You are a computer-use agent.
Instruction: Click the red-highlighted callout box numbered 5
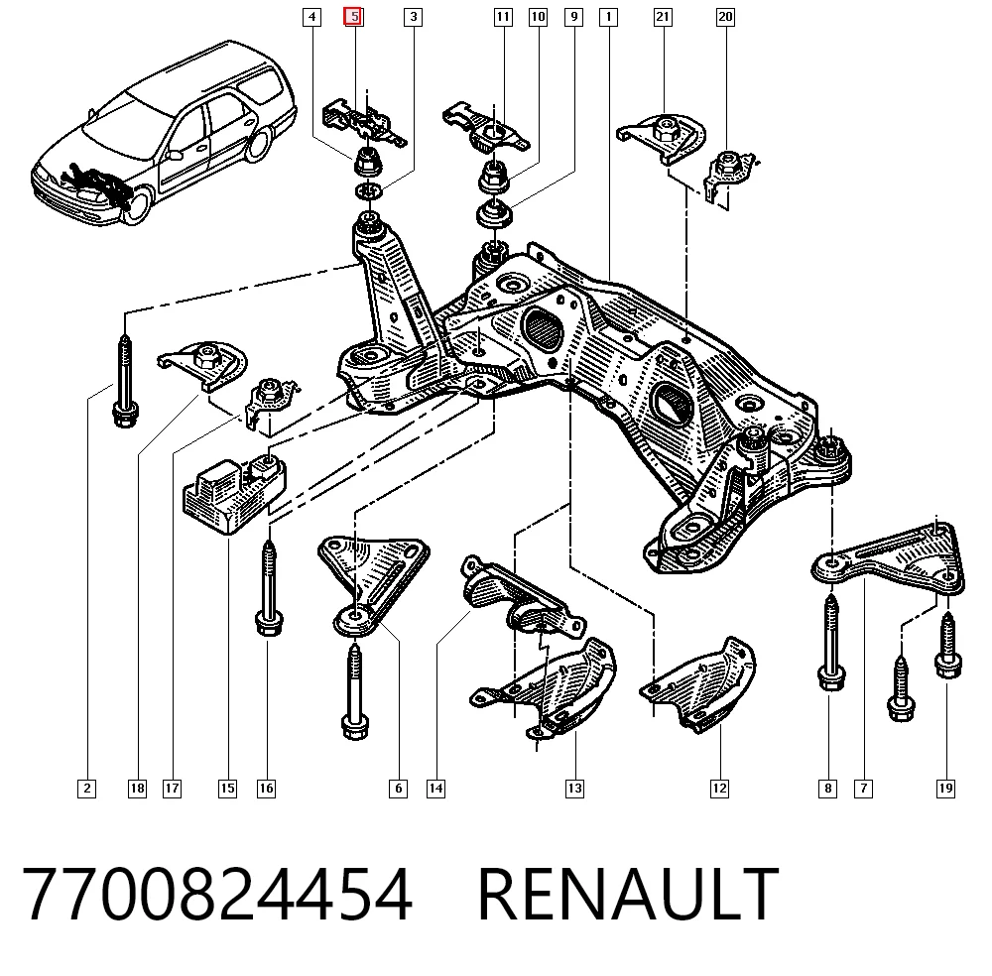tap(353, 17)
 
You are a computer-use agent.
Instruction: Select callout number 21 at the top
tap(663, 17)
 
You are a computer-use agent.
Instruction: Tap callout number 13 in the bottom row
tap(574, 789)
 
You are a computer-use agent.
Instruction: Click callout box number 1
tap(609, 17)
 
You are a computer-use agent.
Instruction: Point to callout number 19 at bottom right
tap(945, 789)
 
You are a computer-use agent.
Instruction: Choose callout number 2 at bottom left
tap(86, 789)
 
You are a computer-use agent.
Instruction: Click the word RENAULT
tap(628, 895)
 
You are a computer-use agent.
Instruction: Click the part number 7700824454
tap(217, 895)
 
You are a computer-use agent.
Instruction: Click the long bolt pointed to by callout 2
tap(125, 382)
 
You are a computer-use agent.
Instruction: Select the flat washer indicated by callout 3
tap(369, 190)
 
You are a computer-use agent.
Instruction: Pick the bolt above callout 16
tap(269, 589)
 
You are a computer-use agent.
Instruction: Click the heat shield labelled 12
tap(698, 684)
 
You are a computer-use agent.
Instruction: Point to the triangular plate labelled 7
tap(889, 559)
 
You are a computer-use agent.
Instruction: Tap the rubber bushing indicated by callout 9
tap(494, 213)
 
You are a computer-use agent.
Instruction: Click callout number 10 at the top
tap(538, 17)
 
